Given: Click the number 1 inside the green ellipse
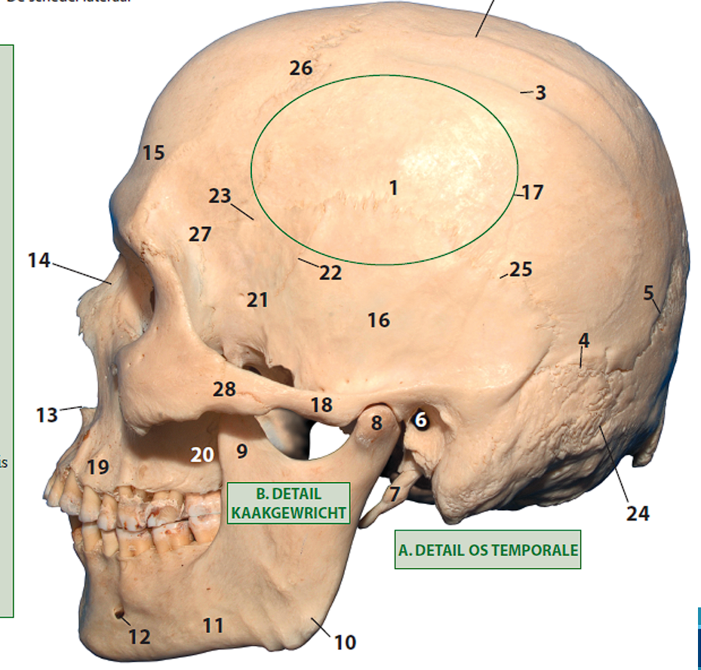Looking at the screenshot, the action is [393, 187].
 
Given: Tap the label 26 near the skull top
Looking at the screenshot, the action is [300, 69].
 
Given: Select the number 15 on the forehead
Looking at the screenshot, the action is [153, 153].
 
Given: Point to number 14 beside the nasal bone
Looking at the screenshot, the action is [38, 261].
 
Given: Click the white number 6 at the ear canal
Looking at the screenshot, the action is [421, 418].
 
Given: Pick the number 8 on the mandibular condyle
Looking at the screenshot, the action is [377, 423].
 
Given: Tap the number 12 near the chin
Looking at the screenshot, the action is [139, 637].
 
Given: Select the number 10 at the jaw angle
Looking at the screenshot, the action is [345, 642].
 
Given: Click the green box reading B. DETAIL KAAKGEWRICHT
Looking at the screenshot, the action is [288, 503].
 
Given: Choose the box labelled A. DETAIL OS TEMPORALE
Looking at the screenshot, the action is [487, 550].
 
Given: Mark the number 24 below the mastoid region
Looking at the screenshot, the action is [637, 514].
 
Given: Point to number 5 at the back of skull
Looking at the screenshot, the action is [649, 293].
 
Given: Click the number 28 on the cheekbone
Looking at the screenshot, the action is [224, 390].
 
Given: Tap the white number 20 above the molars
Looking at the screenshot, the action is [202, 454].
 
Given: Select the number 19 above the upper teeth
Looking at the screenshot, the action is [97, 467].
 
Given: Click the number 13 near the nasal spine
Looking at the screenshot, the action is [47, 414].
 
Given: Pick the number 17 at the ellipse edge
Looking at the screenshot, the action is [532, 192].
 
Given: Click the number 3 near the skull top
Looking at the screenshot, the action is [540, 94].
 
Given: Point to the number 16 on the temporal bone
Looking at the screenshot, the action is [379, 321].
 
